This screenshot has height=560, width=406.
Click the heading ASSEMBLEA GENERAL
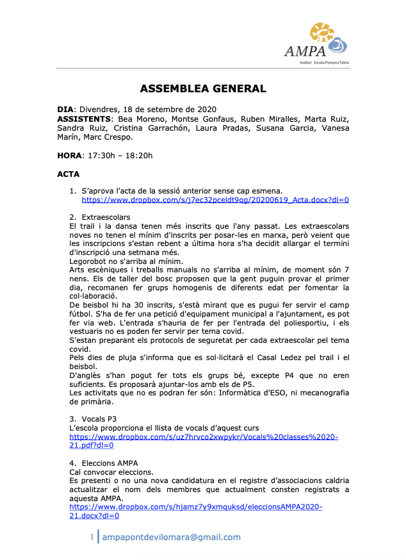click(x=203, y=89)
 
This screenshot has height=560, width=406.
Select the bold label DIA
click(x=66, y=109)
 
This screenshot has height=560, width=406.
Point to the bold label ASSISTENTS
click(x=85, y=119)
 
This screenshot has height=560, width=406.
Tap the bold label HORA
click(x=69, y=155)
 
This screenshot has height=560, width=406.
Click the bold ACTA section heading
click(x=69, y=174)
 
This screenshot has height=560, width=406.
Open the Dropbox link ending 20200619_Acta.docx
click(x=215, y=199)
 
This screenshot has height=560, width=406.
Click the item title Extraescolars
click(x=106, y=217)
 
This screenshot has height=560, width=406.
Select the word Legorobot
click(x=89, y=261)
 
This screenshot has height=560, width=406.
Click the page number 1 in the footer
click(x=92, y=537)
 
